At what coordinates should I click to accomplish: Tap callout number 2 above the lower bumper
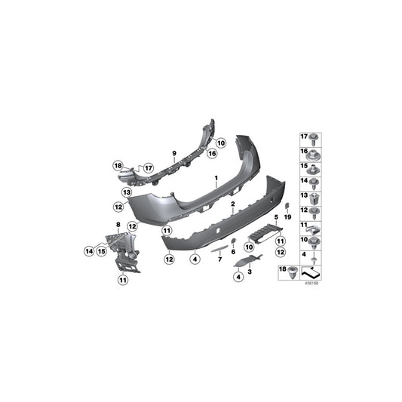234,204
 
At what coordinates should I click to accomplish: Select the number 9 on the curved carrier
173,153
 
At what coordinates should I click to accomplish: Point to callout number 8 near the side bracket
118,225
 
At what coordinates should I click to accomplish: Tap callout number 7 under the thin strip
219,259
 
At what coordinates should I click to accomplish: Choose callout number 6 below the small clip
234,252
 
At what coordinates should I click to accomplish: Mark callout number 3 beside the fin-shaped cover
249,270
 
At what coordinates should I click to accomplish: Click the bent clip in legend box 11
315,226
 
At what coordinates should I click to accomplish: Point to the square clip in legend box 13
315,197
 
